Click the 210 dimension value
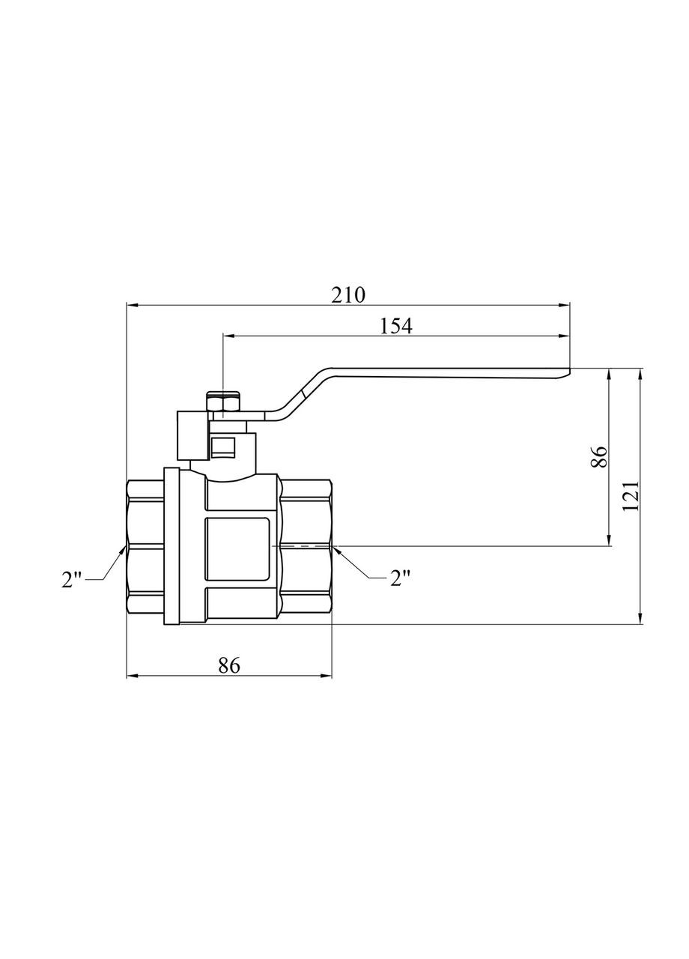coord(348,294)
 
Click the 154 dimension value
coord(396,326)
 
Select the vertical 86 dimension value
coord(598,456)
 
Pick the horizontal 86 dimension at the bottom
coord(229,665)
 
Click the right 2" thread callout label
coord(401,578)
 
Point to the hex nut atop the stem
coord(223,405)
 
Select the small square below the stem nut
coord(223,447)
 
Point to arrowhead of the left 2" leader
coord(123,550)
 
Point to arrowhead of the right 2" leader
coord(336,550)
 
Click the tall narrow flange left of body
coord(172,547)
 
